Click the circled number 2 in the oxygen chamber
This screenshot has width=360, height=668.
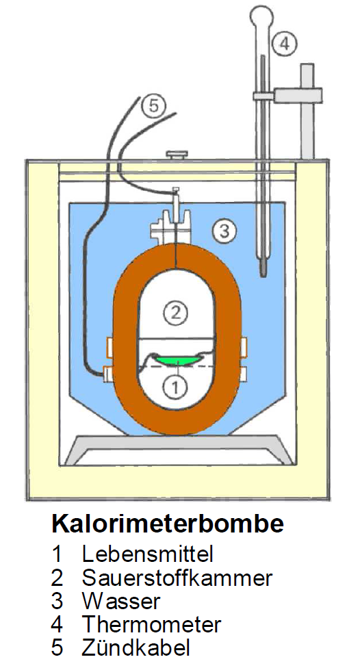(x=175, y=313)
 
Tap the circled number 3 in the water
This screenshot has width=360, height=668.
(x=224, y=231)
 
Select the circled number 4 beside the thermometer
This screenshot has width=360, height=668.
(x=285, y=43)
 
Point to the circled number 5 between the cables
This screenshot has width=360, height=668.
(x=153, y=105)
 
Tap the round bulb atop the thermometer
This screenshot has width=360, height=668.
(x=261, y=15)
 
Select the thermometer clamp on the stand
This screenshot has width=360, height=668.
(x=287, y=94)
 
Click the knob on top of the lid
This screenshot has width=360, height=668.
(x=177, y=154)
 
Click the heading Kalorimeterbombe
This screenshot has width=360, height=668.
(x=168, y=524)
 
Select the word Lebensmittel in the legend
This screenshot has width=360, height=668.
(x=147, y=554)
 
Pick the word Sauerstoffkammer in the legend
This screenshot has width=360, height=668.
(x=177, y=578)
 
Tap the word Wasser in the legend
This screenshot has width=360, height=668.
(x=121, y=601)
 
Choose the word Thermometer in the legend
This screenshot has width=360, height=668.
(x=152, y=624)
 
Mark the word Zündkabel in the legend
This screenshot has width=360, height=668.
(x=136, y=647)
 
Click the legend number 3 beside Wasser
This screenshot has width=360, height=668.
(x=57, y=601)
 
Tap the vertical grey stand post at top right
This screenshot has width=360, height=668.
(x=307, y=111)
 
